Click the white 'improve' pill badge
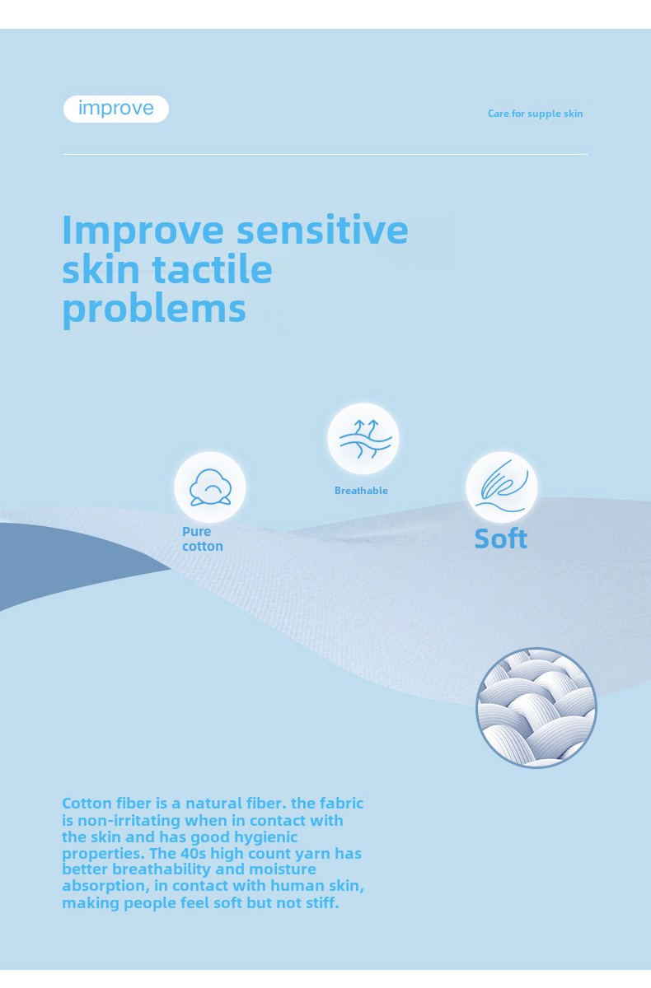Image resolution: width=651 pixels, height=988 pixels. point(116,109)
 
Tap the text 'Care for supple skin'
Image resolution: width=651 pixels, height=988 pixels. point(535,114)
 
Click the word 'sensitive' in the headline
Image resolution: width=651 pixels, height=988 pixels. point(323,230)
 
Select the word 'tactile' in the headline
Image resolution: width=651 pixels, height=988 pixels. point(213,269)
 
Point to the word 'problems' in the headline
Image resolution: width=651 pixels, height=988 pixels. point(154,310)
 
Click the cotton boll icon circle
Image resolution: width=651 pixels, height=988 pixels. point(210,487)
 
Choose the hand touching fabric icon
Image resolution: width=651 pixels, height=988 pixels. point(502,487)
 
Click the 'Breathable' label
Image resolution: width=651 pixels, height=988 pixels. point(361,491)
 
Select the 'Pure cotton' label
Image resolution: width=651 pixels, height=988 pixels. point(203,539)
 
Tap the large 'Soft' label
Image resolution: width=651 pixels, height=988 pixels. point(501,538)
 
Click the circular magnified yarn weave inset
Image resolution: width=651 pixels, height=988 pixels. point(536,707)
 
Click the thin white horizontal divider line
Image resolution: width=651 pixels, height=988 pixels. point(325,155)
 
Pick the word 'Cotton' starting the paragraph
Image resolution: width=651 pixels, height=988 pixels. point(87,804)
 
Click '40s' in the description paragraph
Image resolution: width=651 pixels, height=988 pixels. point(193,854)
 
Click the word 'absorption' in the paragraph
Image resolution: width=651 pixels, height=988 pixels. point(105,887)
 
